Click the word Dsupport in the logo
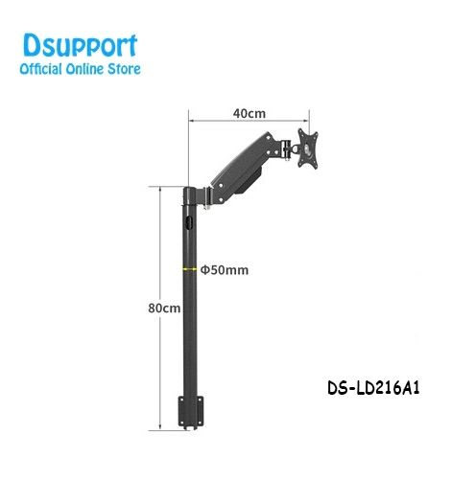pyautogui.click(x=79, y=45)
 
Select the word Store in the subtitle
pyautogui.click(x=126, y=69)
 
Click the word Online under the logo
pyautogui.click(x=89, y=69)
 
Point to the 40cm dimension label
pyautogui.click(x=249, y=113)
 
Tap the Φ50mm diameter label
pyautogui.click(x=225, y=270)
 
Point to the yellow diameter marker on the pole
pyautogui.click(x=190, y=270)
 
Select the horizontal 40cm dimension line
pyautogui.click(x=249, y=122)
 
